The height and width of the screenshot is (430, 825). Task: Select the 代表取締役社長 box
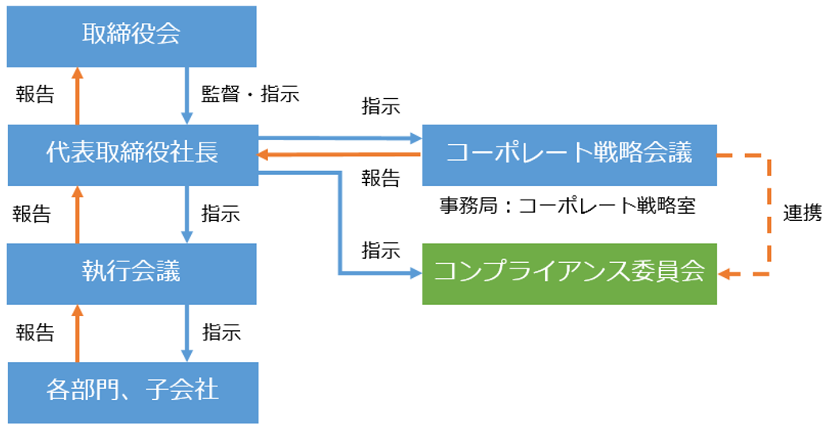132,153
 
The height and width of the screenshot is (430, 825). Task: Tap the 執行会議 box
132,272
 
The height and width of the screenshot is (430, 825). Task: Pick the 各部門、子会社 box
132,390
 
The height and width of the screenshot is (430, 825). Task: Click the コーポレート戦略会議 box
569,153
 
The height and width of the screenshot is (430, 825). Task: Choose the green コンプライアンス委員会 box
569,273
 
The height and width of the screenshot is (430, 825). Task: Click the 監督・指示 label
250,94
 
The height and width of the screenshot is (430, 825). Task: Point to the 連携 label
802,213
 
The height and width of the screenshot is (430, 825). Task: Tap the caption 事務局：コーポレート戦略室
567,206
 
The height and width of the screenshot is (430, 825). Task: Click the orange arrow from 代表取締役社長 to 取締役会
77,95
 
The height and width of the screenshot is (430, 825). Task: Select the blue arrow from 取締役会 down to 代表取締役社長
188,95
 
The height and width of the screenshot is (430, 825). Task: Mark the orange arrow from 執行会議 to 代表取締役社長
77,214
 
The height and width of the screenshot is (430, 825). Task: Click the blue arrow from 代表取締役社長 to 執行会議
188,214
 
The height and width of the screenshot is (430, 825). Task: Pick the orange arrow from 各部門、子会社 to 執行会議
77,333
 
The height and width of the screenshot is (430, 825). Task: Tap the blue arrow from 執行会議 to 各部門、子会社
188,333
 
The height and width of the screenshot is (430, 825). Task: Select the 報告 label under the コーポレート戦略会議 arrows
380,177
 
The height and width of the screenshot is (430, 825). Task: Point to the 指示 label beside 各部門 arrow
221,332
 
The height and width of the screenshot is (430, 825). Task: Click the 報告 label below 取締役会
36,95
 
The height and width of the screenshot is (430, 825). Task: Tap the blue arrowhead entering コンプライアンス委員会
414,274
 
